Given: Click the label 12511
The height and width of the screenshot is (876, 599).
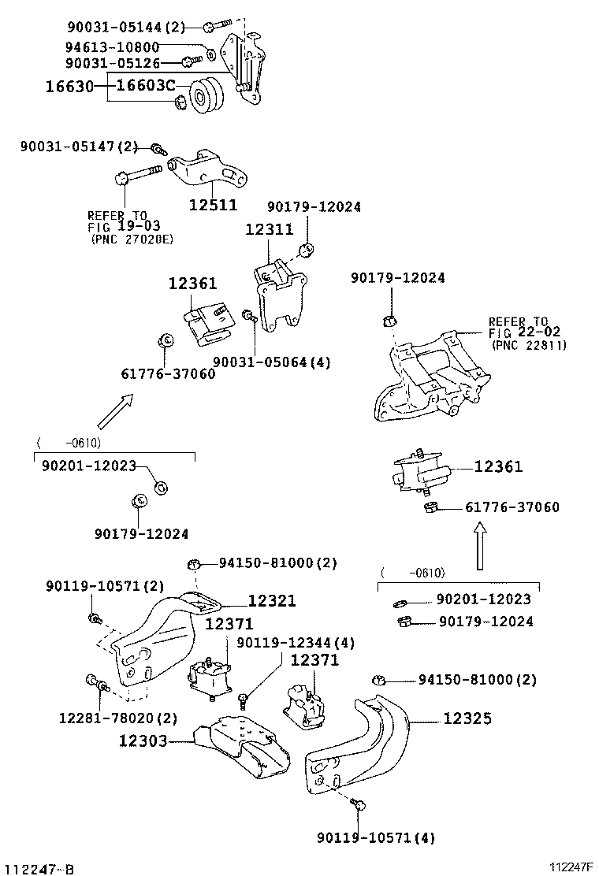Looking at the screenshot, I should [212, 205].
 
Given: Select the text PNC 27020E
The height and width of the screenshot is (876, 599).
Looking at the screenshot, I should [132, 239].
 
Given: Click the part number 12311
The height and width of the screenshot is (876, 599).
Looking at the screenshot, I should [268, 230].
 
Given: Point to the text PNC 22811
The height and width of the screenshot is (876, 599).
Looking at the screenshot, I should [528, 344].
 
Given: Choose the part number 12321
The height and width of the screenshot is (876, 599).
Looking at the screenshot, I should [272, 601].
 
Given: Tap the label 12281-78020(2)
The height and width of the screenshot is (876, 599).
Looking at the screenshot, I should [117, 718].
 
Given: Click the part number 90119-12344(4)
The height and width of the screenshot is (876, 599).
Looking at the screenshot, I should [295, 643].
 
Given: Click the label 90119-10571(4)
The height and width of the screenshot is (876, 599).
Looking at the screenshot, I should [375, 837].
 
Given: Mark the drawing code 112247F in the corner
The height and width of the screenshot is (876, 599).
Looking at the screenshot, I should [571, 867].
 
